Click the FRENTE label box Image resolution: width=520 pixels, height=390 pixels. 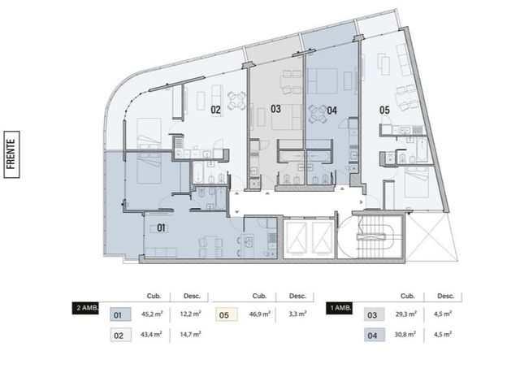click(x=11, y=154)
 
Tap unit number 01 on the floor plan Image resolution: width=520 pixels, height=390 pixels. click(x=161, y=227)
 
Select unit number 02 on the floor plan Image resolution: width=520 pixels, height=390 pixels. click(x=215, y=110)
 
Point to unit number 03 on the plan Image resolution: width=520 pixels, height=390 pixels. click(x=275, y=109)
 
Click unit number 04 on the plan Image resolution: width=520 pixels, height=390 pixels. click(x=332, y=110)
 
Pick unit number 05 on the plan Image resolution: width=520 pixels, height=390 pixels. click(x=384, y=110)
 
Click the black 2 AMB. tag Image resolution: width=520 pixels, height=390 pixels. click(x=85, y=308)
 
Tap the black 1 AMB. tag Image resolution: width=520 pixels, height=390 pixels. click(x=339, y=308)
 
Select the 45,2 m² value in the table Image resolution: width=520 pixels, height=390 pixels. click(x=152, y=314)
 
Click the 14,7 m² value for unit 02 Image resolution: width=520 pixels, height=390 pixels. click(x=190, y=334)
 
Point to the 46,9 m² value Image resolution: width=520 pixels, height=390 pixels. click(x=260, y=314)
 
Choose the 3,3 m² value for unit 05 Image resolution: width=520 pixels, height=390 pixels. click(x=297, y=314)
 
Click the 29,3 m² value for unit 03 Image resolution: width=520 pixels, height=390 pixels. click(x=405, y=314)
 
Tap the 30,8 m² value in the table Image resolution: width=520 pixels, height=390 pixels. click(x=405, y=334)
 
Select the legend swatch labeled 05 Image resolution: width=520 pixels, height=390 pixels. click(x=227, y=314)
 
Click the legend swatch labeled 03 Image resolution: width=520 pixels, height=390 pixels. click(x=375, y=314)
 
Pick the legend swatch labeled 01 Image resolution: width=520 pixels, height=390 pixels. click(x=120, y=314)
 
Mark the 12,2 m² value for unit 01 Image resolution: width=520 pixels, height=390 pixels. click(x=190, y=314)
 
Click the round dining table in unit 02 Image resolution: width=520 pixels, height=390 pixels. click(x=236, y=101)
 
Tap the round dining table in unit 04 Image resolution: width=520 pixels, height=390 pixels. click(x=318, y=114)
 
